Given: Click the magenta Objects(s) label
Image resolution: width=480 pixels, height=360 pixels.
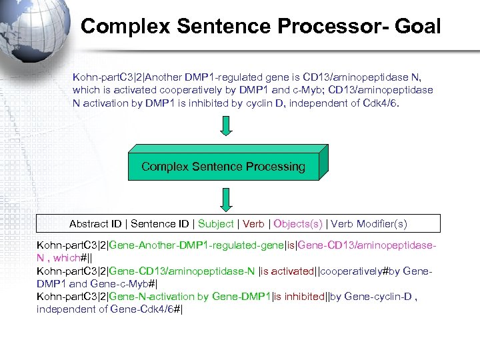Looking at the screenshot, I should [298, 224].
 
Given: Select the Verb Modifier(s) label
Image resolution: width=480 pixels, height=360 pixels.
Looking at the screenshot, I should [369, 224].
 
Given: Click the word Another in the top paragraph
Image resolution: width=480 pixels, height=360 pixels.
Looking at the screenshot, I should [164, 77].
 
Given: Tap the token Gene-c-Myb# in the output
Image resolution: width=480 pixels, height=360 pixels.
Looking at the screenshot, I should [131, 283].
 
